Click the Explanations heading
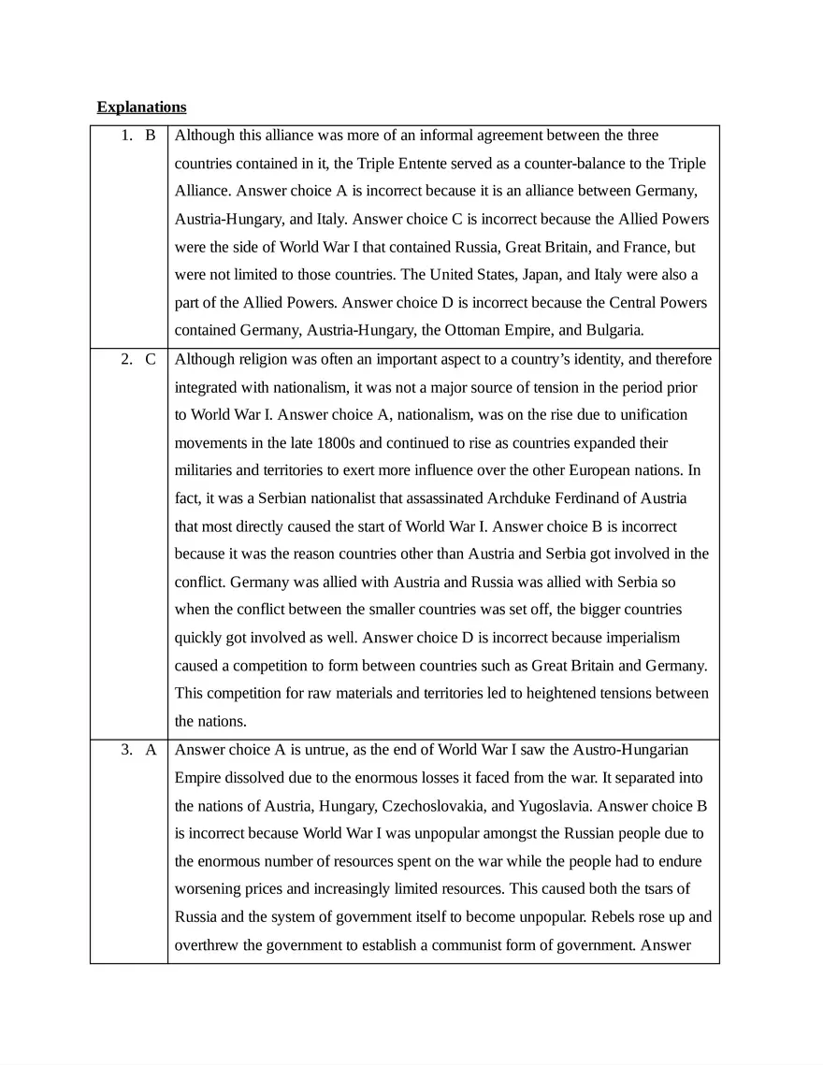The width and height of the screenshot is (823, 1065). [141, 107]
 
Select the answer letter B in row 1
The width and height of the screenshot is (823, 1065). [151, 136]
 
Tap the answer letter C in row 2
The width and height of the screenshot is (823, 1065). [151, 359]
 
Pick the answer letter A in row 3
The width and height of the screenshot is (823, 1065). [151, 749]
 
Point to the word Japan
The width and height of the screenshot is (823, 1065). [526, 275]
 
